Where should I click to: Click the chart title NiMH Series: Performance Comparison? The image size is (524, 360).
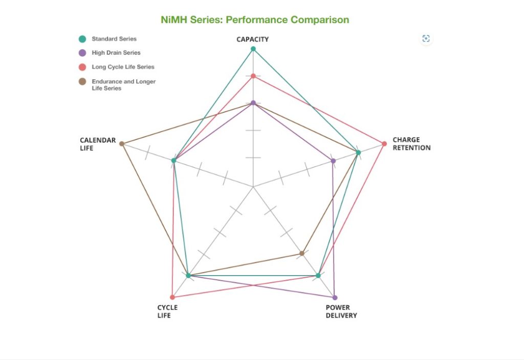coord(255,20)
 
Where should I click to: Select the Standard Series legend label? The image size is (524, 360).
coord(114,39)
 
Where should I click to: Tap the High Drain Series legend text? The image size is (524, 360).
coord(116,53)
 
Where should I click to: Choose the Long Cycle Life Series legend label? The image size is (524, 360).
coord(123,67)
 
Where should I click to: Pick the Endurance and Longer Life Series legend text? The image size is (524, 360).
coord(123,84)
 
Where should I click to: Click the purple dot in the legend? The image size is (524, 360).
coord(82,53)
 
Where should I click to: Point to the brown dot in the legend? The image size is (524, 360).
coord(82,81)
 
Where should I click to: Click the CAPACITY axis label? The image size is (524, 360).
coord(252,39)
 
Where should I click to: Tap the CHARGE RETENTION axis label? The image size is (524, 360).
coord(411,144)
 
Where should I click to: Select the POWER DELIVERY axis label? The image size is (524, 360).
coord(341,311)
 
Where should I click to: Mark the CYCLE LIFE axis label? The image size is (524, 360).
coord(167,311)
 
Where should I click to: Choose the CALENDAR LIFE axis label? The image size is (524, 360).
coord(98,144)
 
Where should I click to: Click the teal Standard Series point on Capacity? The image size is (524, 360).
coord(253,49)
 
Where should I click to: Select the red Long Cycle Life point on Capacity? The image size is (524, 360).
coord(253,76)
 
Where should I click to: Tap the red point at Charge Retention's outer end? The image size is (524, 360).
coord(384,143)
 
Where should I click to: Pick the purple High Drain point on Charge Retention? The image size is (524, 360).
coord(333,161)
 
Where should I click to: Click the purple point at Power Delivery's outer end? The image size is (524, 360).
coord(335,297)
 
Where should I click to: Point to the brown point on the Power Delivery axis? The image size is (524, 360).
coord(302,253)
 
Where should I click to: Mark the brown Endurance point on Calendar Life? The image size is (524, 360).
coord(121,144)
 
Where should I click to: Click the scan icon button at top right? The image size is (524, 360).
coord(426,38)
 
